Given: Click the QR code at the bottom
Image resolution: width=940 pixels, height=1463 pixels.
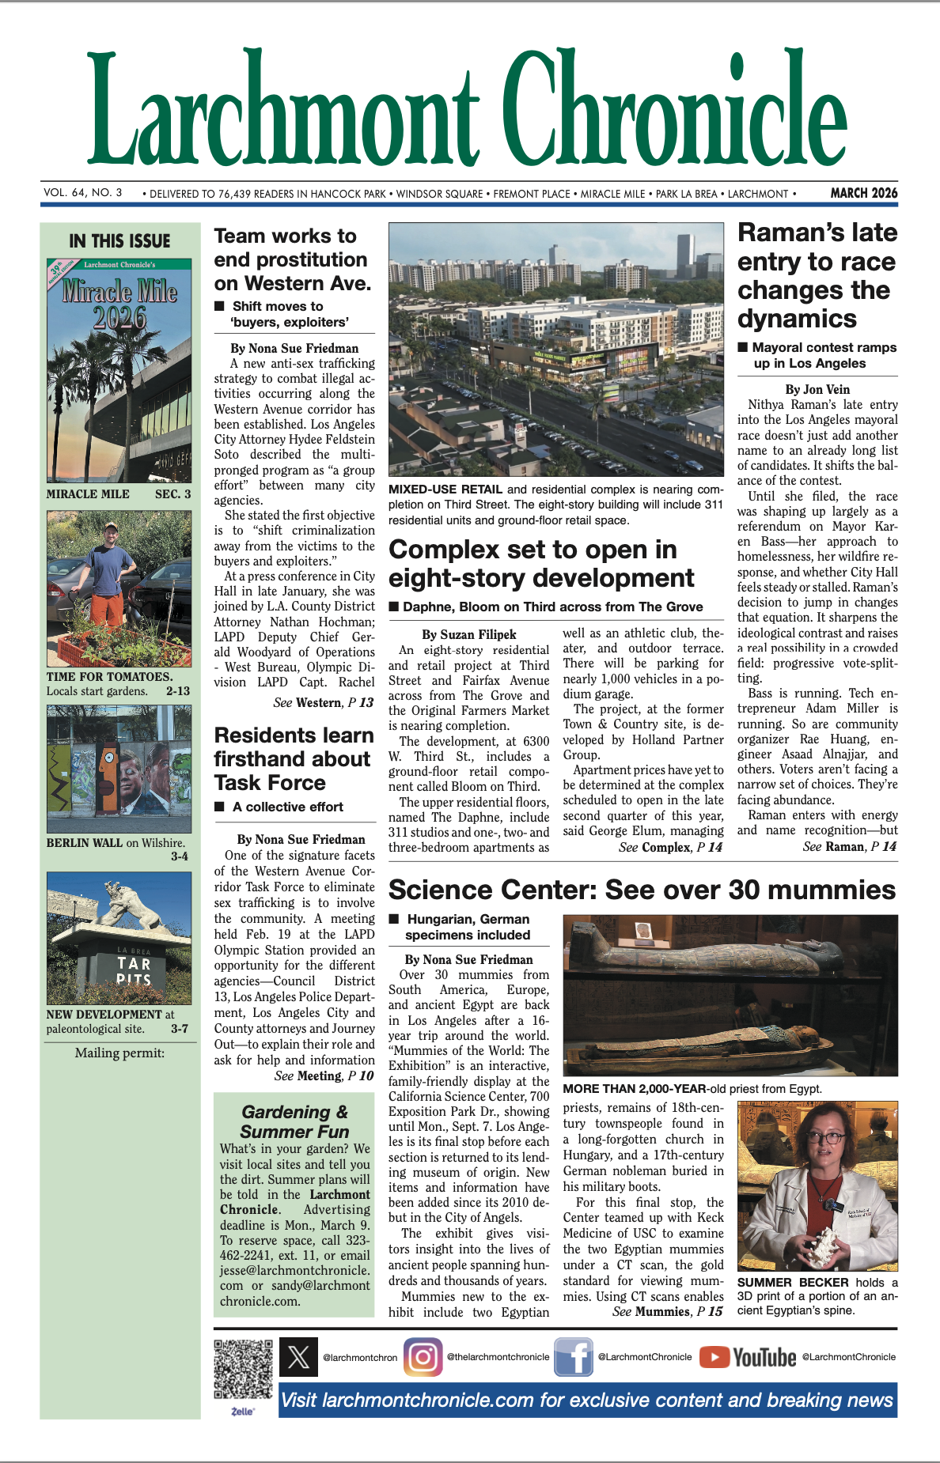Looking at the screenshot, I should click(244, 1369).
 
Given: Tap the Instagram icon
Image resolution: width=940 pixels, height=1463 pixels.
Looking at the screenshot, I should click(423, 1357).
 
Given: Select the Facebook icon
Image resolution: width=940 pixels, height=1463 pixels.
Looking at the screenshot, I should click(573, 1357).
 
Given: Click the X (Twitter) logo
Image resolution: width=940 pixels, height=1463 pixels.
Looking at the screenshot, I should click(298, 1357).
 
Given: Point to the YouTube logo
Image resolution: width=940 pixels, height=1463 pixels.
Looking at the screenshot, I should click(748, 1357).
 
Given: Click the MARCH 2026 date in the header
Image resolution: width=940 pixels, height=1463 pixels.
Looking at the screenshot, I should click(863, 193).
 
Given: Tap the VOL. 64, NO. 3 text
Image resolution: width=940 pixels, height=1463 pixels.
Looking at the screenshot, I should click(83, 193).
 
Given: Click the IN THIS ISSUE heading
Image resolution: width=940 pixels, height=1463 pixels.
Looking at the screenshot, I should click(119, 241).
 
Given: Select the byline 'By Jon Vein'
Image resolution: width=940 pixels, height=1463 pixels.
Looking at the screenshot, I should click(817, 389).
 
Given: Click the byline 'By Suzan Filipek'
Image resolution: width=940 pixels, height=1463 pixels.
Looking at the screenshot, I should click(468, 634).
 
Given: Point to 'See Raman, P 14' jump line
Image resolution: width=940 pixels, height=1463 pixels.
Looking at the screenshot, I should click(849, 846).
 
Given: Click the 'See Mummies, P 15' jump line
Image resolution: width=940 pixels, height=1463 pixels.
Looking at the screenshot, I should click(667, 1311).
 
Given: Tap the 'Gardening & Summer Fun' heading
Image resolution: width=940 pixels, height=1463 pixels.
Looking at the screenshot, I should click(294, 1121).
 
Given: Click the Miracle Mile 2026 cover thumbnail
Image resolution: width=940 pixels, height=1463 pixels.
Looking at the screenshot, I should click(119, 372).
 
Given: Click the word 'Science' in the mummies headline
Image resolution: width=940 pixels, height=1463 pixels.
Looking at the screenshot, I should click(440, 890).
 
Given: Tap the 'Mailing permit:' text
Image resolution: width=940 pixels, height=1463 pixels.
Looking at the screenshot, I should click(119, 1053).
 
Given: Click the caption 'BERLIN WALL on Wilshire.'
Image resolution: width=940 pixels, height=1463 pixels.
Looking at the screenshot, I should click(116, 843).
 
